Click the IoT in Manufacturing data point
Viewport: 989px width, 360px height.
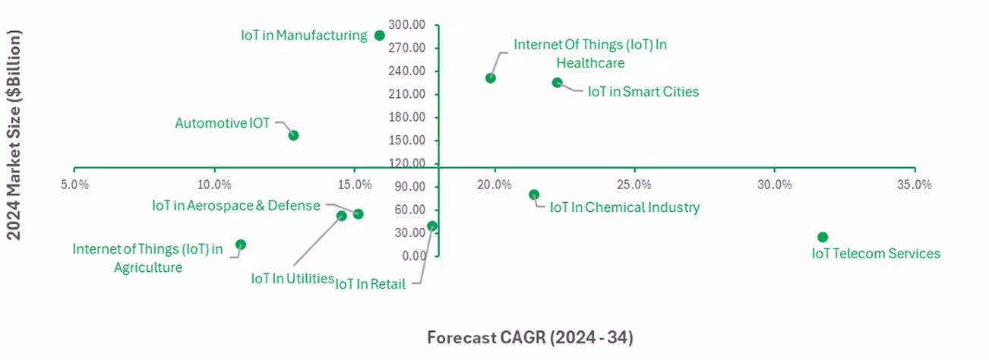click(x=380, y=36)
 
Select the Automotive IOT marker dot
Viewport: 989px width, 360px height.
click(x=293, y=135)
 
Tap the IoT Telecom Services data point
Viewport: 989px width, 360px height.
click(x=823, y=238)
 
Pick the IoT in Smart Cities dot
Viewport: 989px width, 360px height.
click(x=557, y=83)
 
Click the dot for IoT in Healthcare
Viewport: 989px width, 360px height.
click(x=491, y=77)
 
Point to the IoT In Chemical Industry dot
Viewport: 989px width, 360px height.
click(x=534, y=194)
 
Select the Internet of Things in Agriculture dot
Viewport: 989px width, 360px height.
click(x=241, y=245)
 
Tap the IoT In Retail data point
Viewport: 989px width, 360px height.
click(x=432, y=226)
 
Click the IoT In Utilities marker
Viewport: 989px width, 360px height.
click(x=342, y=216)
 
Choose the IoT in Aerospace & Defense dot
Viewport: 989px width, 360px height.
click(x=359, y=213)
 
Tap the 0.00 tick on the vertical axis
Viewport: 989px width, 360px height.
click(x=416, y=256)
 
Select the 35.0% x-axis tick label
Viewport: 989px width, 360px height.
click(x=915, y=185)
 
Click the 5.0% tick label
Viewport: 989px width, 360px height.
click(x=74, y=185)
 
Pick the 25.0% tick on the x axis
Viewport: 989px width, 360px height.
click(x=634, y=185)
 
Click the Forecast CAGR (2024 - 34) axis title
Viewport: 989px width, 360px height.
click(x=529, y=337)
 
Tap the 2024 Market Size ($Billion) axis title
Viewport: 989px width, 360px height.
click(x=14, y=135)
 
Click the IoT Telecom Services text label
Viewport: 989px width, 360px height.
click(x=876, y=254)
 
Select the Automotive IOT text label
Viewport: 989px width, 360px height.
click(x=222, y=123)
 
